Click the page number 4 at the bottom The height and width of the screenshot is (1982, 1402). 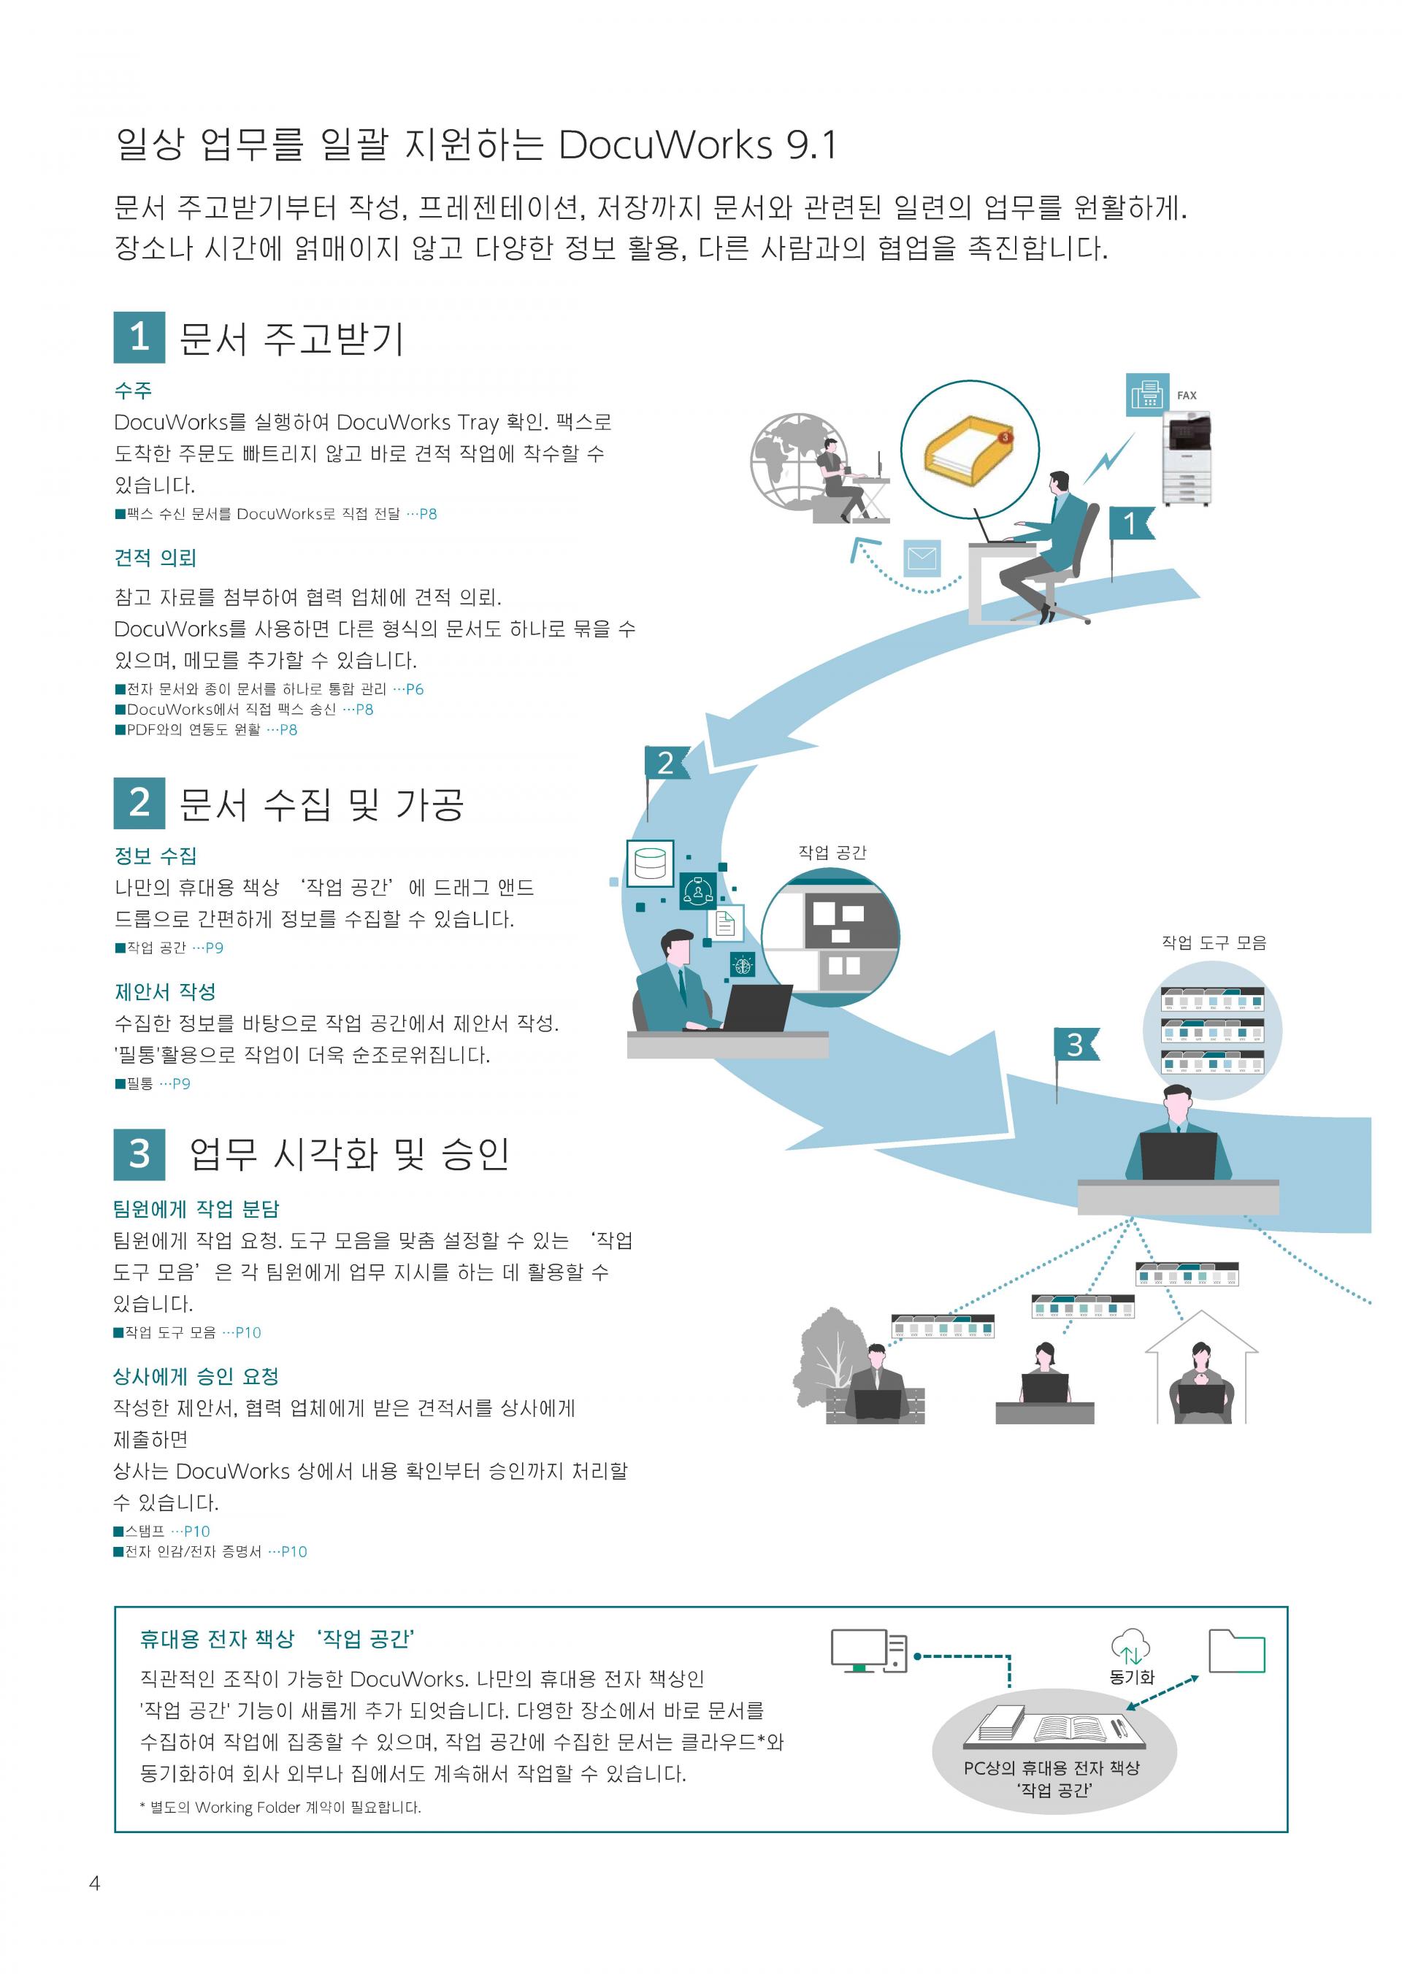(95, 1883)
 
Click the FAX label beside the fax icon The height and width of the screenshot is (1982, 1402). (1187, 396)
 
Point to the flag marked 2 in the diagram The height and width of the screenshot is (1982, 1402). (666, 763)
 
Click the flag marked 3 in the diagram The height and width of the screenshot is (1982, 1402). (1076, 1045)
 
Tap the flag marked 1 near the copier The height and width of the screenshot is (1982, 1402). (1130, 523)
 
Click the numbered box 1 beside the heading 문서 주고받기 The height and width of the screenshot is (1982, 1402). (139, 337)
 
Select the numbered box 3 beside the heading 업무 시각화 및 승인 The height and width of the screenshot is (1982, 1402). (139, 1153)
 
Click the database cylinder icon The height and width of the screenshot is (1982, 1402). (650, 862)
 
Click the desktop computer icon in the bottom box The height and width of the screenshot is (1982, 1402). (868, 1651)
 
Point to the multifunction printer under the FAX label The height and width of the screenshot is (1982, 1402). (1187, 458)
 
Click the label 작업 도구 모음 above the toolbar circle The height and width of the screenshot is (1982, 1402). (1214, 942)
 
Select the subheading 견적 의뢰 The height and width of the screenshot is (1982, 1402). (156, 558)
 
